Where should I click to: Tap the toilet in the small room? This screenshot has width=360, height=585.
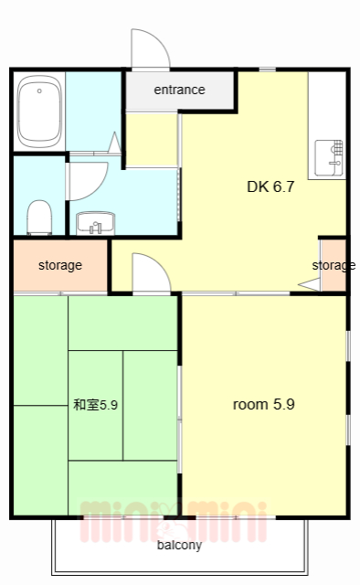[39, 216]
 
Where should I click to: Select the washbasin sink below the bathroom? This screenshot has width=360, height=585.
[94, 222]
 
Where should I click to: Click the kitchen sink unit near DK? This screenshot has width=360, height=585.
[328, 158]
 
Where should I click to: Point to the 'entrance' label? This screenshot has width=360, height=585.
[179, 90]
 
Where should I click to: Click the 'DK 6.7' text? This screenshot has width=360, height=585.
[270, 186]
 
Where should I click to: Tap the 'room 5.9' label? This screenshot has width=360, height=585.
[263, 404]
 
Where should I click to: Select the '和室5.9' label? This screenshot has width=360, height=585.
[95, 404]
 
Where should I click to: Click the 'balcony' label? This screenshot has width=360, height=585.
[179, 546]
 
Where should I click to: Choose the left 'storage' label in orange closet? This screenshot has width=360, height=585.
[60, 266]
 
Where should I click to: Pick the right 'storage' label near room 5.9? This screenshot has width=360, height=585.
[333, 266]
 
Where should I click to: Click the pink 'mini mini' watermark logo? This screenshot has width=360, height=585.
[174, 519]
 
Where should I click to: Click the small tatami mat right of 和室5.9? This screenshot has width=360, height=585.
[150, 404]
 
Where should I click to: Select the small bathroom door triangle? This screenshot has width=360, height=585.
[114, 143]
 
